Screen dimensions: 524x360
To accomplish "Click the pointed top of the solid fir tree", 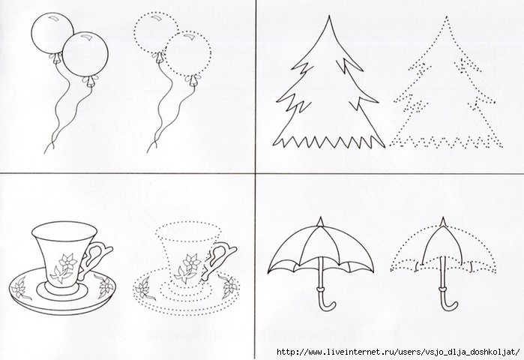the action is (329, 16).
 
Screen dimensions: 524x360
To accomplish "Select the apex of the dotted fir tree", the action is (446, 16).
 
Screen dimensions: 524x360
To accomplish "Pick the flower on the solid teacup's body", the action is (64, 268).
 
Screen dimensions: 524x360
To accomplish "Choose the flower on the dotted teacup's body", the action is (188, 268).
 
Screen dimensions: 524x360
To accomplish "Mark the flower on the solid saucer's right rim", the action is (103, 286).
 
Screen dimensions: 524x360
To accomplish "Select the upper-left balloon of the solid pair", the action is (52, 33).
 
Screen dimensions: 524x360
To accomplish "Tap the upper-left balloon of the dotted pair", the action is (156, 32).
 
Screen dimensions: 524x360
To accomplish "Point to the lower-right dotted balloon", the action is (188, 54).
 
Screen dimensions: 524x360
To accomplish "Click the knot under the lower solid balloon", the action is (90, 81).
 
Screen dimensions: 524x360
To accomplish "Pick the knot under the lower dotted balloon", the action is (193, 80).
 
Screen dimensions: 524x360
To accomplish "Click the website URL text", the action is (398, 352).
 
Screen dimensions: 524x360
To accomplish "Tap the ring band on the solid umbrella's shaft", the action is (321, 288).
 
